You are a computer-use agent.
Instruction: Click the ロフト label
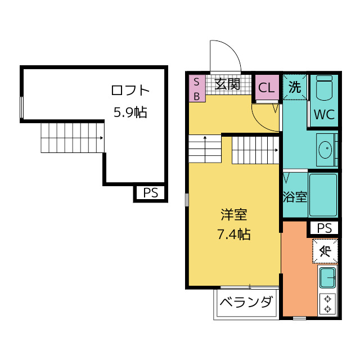(130, 90)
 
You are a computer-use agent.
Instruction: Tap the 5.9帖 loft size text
(130, 112)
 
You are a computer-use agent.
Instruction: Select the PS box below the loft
(151, 192)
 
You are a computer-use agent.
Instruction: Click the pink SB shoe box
(197, 88)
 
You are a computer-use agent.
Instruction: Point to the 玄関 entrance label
(227, 84)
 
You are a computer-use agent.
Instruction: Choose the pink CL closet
(267, 87)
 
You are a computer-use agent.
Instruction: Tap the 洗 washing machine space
(295, 87)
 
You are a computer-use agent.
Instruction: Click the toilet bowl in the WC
(324, 88)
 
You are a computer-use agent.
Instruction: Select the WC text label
(324, 114)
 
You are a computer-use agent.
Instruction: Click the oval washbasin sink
(325, 150)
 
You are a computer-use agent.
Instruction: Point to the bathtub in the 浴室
(323, 195)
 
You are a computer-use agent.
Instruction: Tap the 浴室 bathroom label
(295, 197)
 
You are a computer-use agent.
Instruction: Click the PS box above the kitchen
(324, 228)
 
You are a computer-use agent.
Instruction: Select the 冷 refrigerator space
(325, 251)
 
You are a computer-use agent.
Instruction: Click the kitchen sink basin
(327, 278)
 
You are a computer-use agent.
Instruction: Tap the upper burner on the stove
(327, 299)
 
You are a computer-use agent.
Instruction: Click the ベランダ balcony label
(246, 302)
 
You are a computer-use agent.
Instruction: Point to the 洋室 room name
(234, 215)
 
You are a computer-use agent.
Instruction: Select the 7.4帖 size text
(234, 235)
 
